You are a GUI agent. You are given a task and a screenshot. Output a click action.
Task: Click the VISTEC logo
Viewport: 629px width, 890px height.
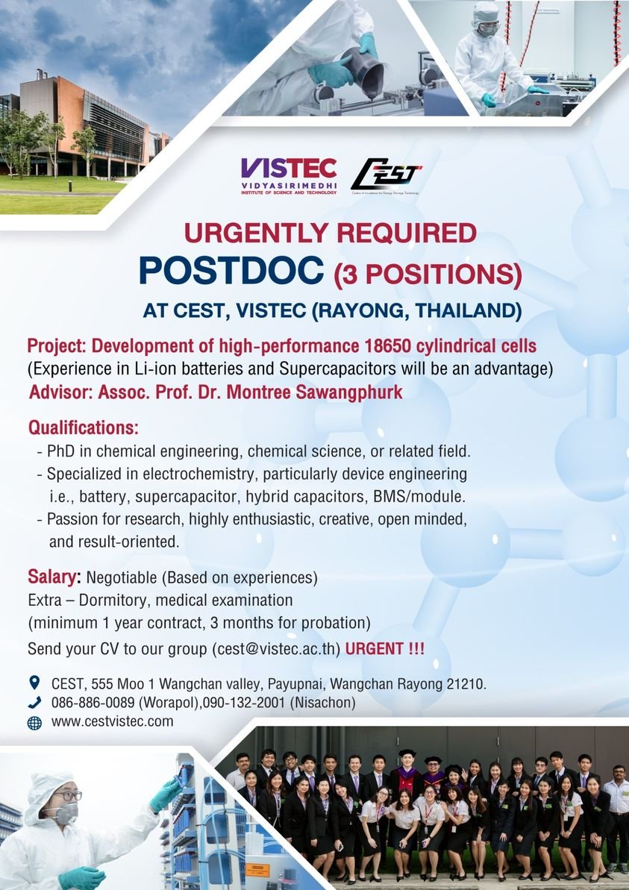click(288, 176)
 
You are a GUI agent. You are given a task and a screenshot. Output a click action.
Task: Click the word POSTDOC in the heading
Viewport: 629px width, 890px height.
click(231, 272)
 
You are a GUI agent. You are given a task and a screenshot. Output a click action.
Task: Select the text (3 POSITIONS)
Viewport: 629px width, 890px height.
click(427, 275)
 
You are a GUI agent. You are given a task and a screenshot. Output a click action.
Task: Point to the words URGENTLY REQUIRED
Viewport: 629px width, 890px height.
click(330, 234)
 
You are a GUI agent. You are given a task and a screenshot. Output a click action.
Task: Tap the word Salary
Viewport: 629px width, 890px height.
click(53, 577)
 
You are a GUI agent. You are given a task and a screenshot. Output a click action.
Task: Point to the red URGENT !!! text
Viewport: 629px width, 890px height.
click(384, 648)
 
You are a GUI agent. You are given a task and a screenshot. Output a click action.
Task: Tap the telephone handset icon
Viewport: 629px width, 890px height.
click(34, 702)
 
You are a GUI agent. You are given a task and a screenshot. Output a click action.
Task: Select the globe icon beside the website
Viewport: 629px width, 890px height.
click(34, 722)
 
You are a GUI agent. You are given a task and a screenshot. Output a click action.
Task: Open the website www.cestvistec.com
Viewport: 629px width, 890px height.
click(112, 721)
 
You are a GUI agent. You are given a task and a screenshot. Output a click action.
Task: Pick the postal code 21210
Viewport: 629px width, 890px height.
click(466, 683)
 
